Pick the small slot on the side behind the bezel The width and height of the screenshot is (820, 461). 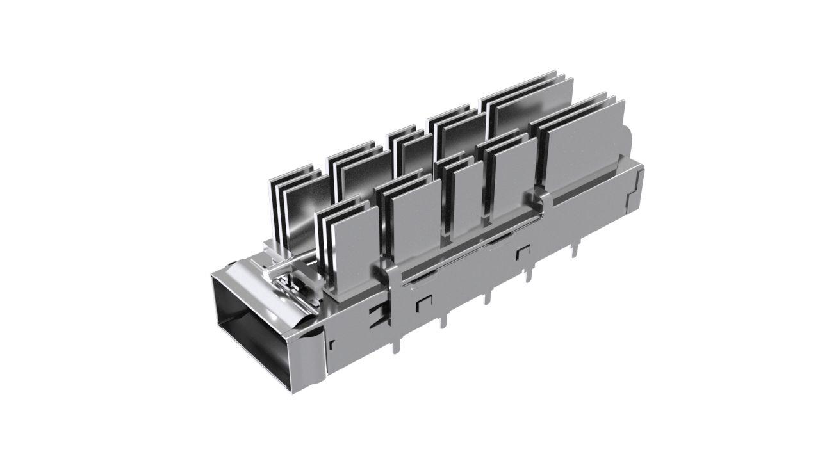[x=332, y=346]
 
